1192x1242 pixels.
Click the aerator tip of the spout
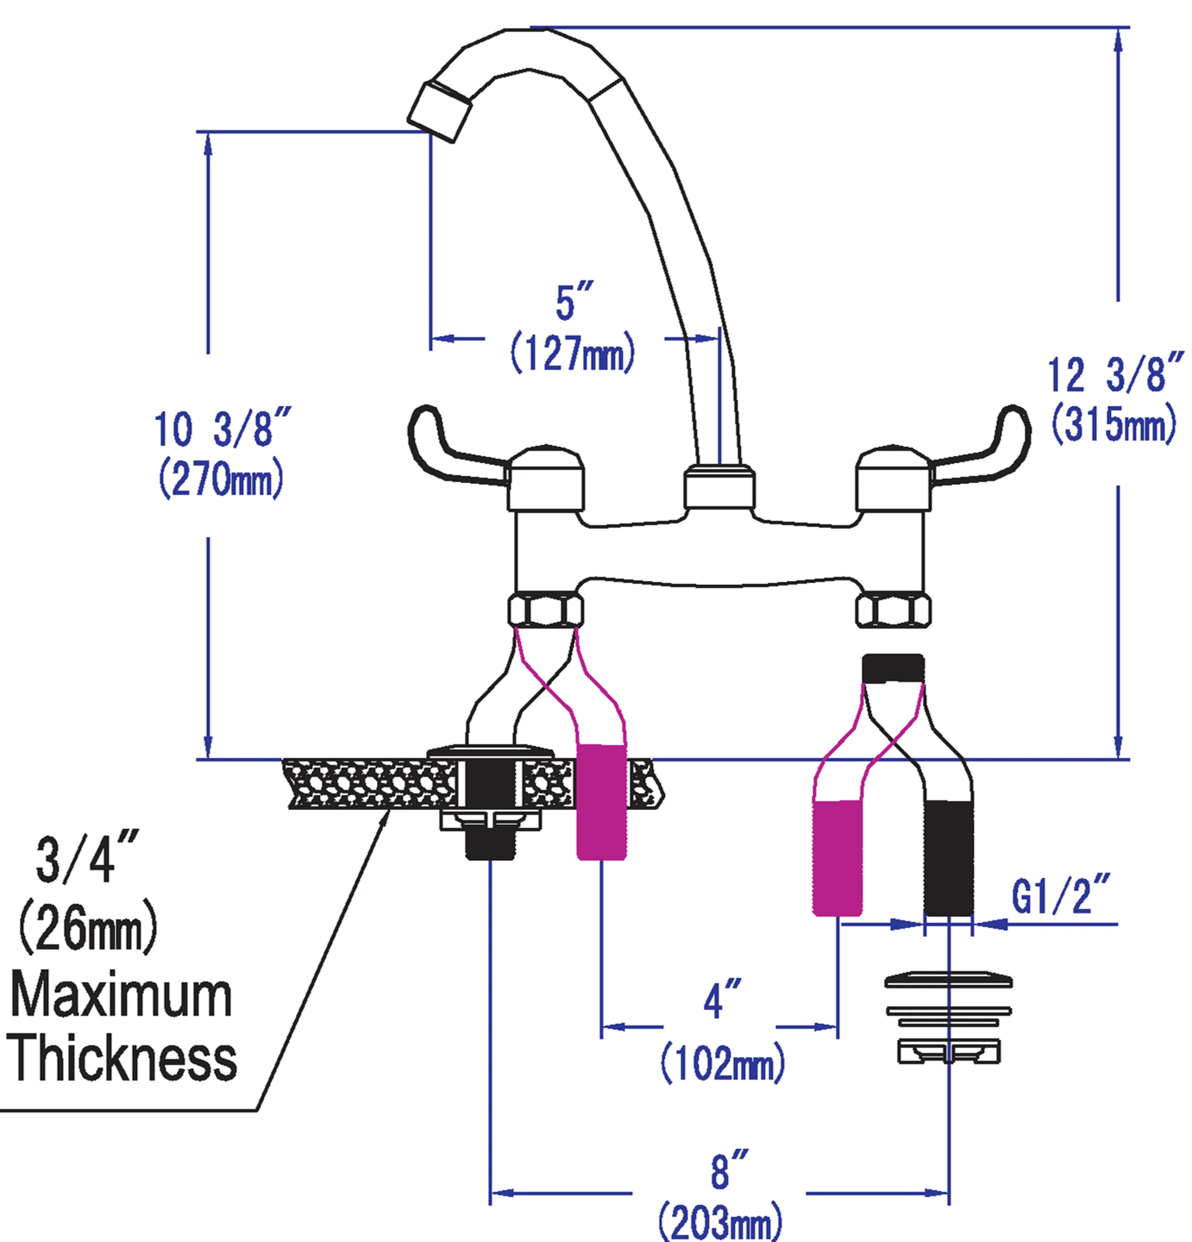click(x=438, y=113)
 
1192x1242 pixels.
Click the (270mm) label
click(x=221, y=480)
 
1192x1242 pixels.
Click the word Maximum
click(x=120, y=996)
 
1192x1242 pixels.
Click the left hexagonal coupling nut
click(x=545, y=609)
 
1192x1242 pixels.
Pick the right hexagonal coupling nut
click(x=893, y=609)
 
